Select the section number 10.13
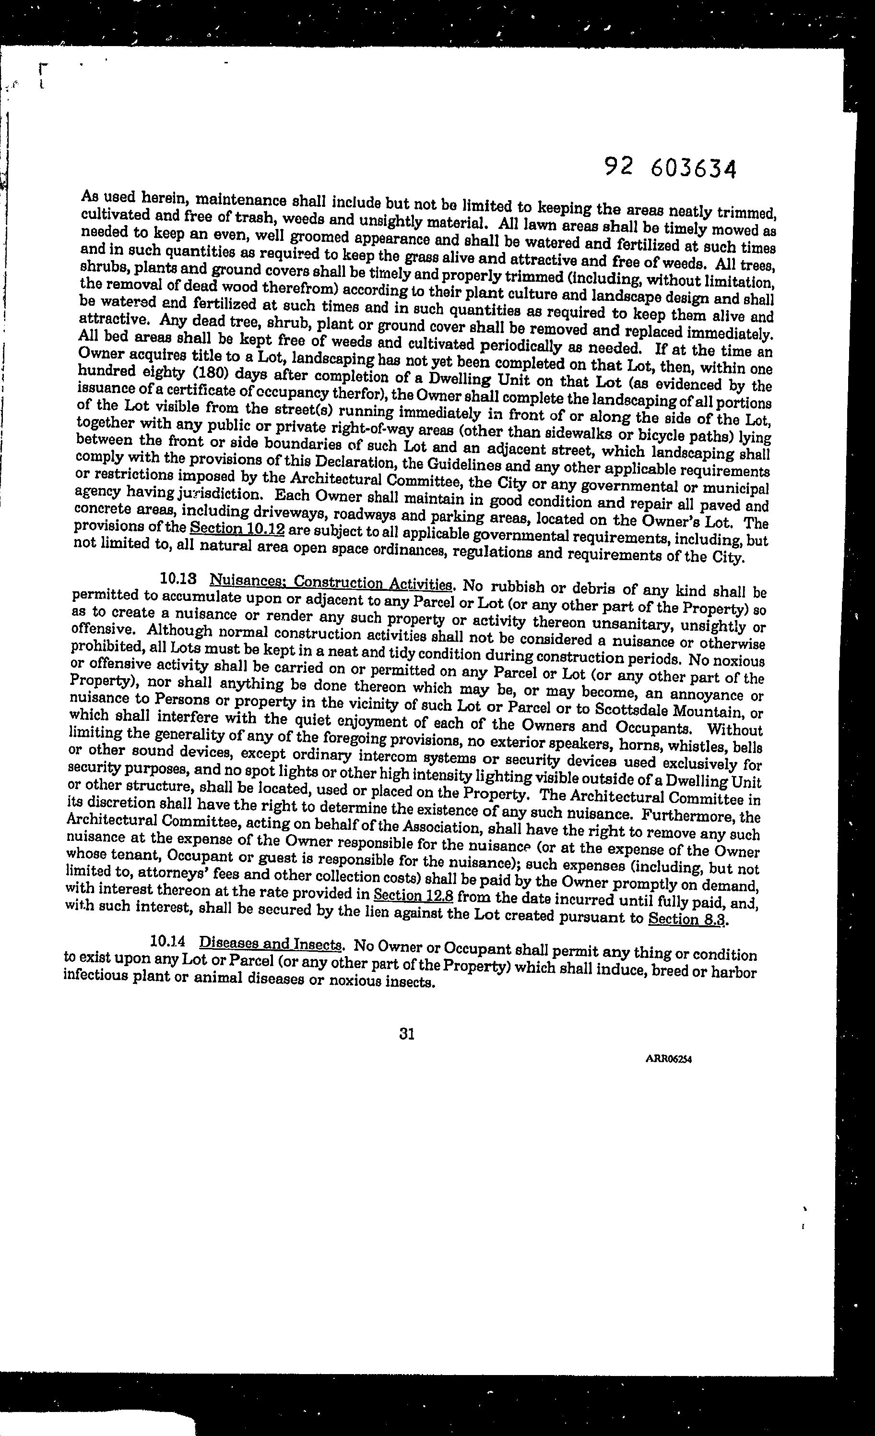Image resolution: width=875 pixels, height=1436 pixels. pyautogui.click(x=177, y=579)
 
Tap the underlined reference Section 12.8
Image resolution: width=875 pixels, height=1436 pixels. pyautogui.click(x=414, y=895)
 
